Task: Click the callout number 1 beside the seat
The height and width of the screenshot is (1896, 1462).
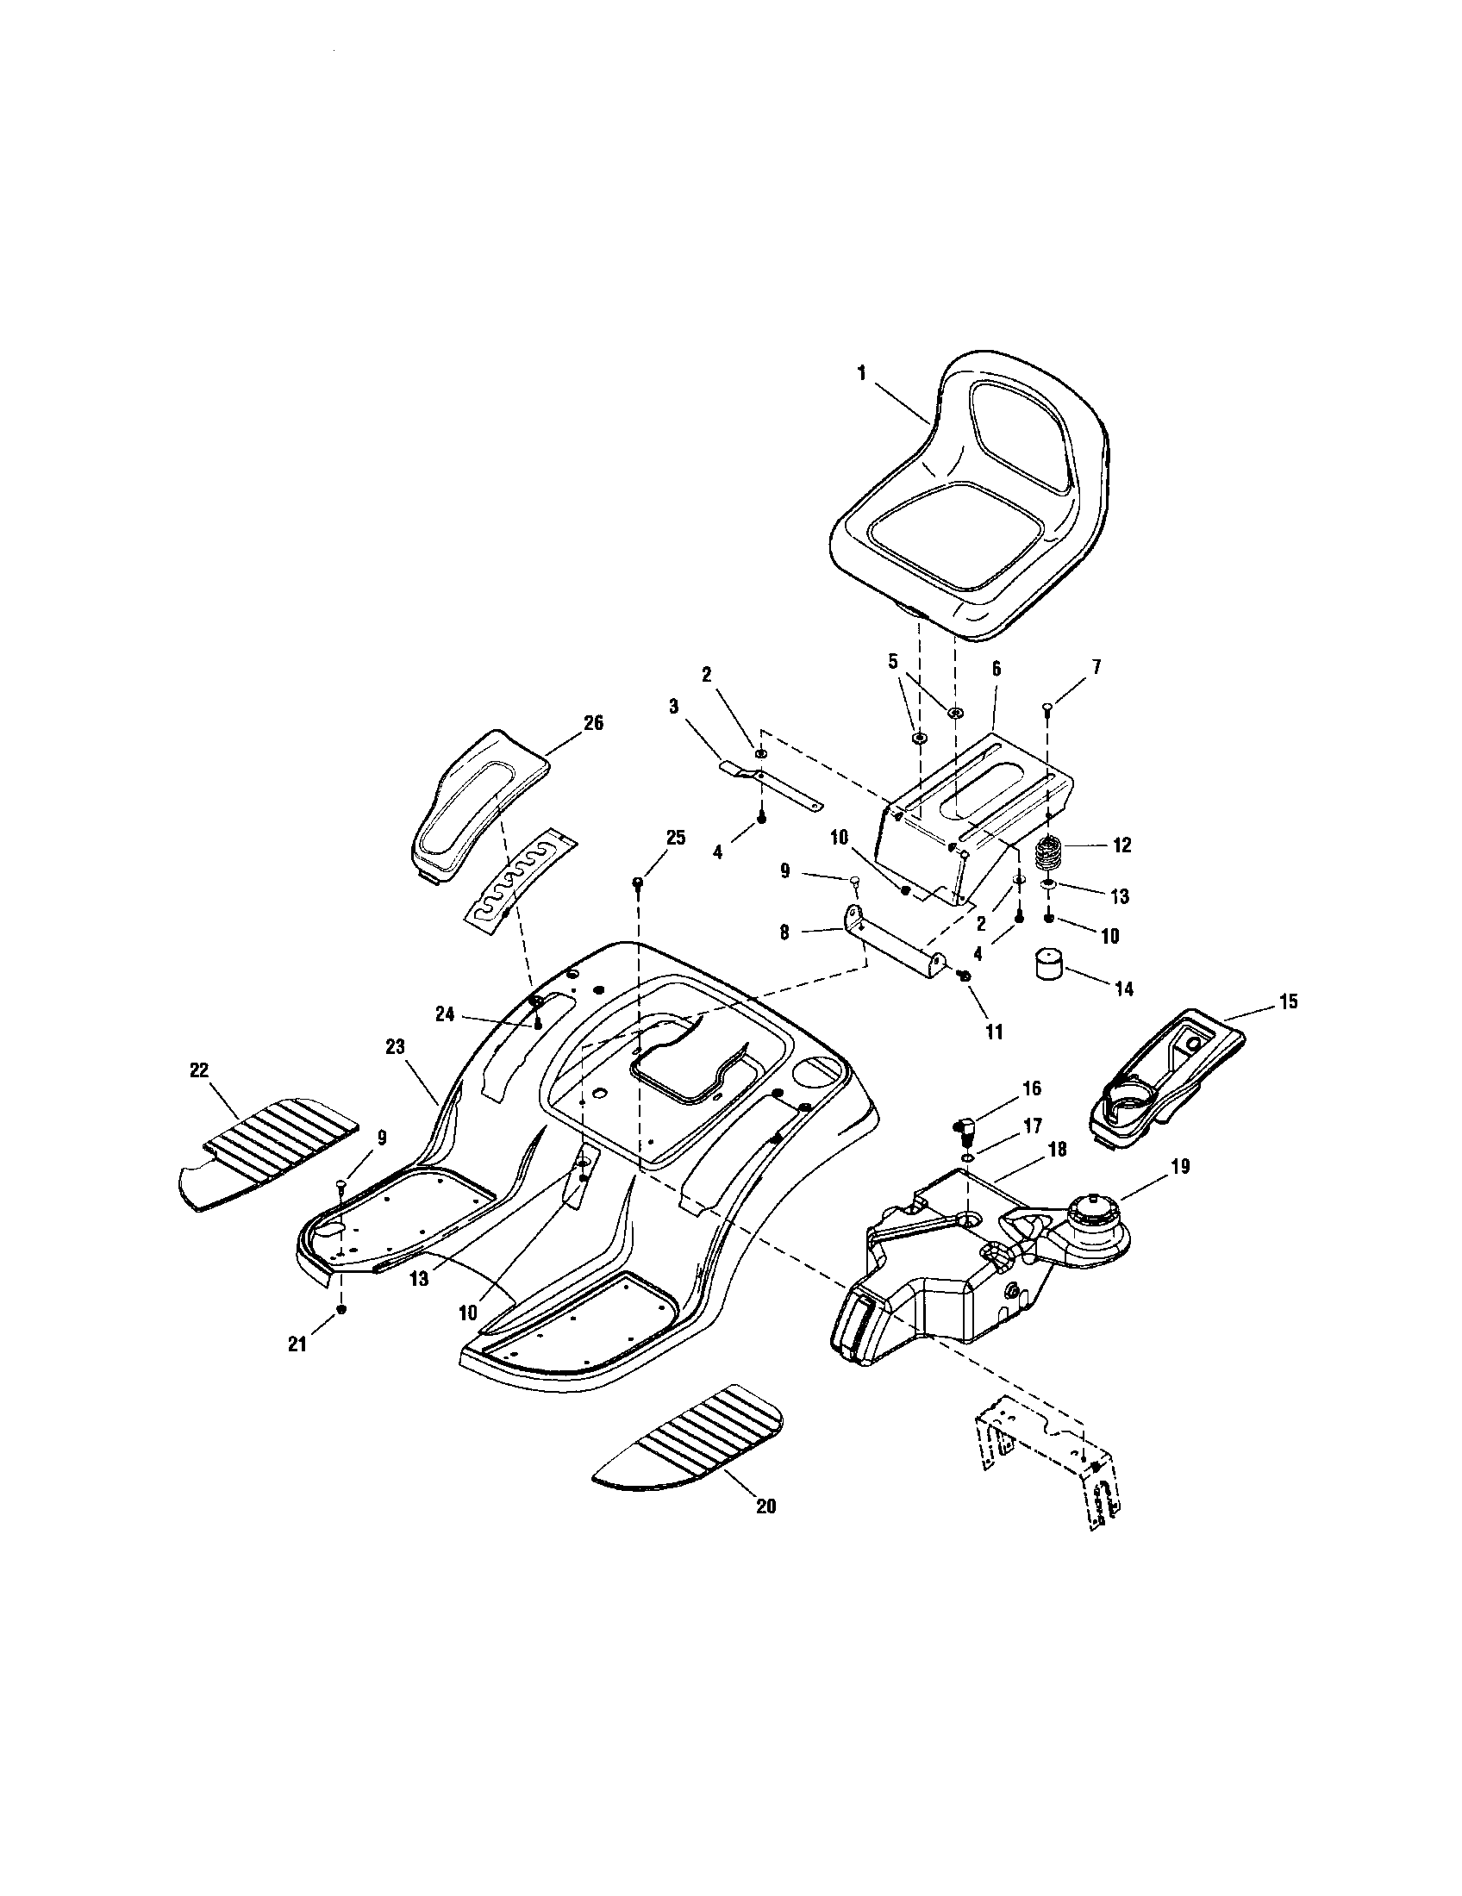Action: pos(861,372)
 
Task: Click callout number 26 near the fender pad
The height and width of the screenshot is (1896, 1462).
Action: pos(593,723)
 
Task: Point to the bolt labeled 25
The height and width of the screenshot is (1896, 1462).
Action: pos(638,882)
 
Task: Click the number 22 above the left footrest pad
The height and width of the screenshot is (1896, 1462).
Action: pos(199,1071)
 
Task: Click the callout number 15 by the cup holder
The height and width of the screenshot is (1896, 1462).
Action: pos(1289,1001)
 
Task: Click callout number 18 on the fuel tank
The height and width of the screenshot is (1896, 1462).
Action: pos(1058,1150)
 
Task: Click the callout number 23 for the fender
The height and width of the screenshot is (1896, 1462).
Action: pos(395,1048)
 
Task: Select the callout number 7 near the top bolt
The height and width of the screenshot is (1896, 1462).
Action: pos(1096,668)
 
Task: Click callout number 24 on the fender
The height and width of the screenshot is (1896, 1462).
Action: pos(445,1015)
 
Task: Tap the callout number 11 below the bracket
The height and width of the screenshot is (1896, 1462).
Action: pos(993,1032)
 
